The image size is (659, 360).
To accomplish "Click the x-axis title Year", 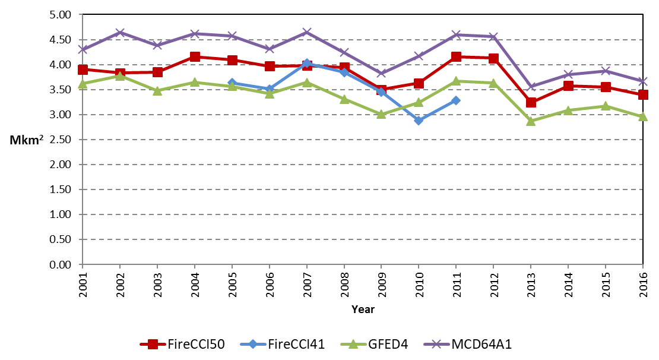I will click(362, 309).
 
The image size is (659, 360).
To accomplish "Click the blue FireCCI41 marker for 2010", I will click(419, 120).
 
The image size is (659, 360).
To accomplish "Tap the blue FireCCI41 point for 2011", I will click(456, 100).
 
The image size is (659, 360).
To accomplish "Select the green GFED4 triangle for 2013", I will click(531, 121).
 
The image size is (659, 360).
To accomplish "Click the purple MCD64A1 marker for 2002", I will click(120, 32).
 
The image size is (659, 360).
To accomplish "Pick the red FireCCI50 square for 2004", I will click(195, 57).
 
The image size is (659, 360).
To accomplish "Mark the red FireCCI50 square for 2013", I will click(531, 102).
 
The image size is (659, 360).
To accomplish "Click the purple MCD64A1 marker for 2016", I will click(642, 81).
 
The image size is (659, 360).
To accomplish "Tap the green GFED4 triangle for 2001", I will click(83, 84).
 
